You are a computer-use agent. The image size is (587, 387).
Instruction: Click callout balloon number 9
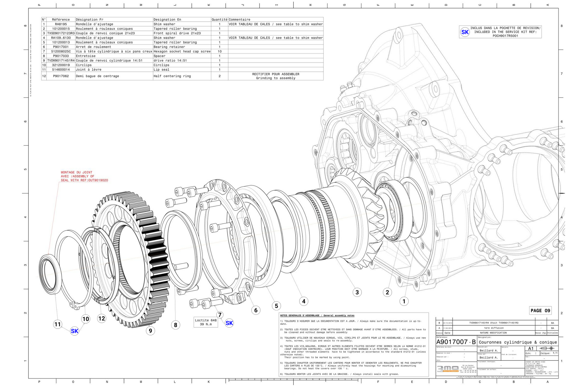(150, 331)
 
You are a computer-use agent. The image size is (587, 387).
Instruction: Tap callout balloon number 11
(58, 324)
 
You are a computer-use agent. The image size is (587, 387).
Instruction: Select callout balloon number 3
(357, 292)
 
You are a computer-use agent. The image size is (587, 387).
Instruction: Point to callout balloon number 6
(256, 310)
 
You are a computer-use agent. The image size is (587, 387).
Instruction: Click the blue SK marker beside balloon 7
(229, 323)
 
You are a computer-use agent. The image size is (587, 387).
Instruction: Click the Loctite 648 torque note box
(206, 322)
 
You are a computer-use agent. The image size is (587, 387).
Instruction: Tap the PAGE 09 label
(540, 310)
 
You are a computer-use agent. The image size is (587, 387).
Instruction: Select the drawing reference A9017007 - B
(456, 342)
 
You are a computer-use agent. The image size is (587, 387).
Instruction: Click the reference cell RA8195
(61, 24)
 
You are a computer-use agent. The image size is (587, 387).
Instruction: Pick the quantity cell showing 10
(220, 51)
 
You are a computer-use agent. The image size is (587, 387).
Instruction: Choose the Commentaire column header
(239, 20)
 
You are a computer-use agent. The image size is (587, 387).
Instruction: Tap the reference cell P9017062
(61, 76)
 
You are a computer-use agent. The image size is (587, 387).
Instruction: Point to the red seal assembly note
(84, 176)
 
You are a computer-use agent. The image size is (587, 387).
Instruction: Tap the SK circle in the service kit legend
(465, 32)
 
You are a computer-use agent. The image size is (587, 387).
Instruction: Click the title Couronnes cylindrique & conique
(518, 342)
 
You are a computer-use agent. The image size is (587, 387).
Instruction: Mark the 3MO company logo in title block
(448, 369)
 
